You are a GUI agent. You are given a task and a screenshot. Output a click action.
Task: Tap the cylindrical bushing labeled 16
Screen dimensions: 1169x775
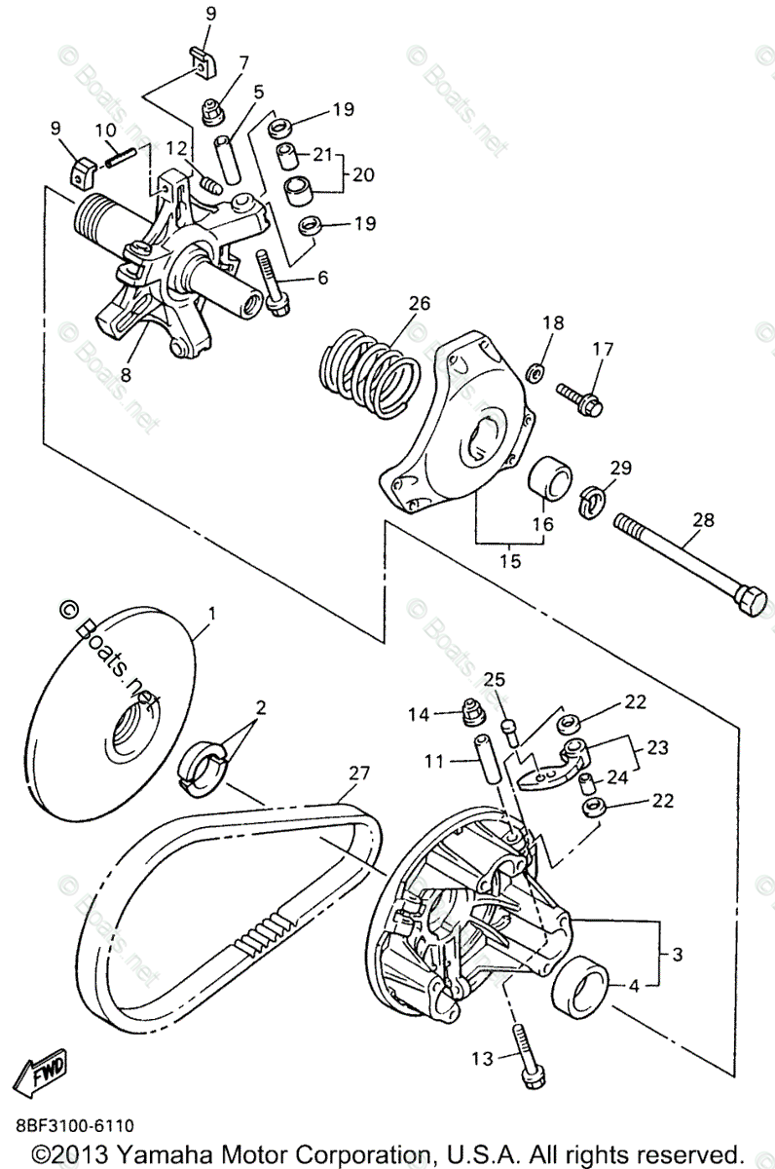pyautogui.click(x=550, y=477)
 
